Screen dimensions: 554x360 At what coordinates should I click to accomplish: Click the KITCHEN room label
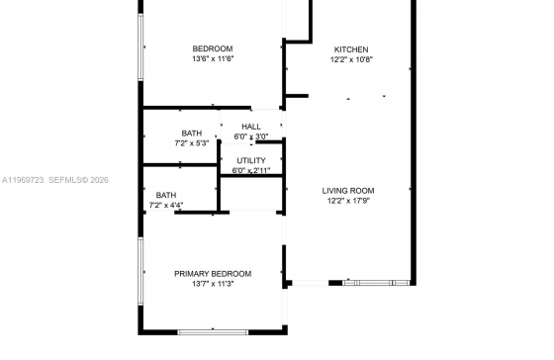(x=351, y=49)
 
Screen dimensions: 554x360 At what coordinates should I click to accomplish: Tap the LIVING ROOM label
(x=348, y=191)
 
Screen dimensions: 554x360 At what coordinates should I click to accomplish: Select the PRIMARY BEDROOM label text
(x=213, y=274)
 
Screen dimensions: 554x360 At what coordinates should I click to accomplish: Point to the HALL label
(x=251, y=127)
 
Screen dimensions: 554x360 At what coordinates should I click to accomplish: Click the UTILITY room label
(x=251, y=160)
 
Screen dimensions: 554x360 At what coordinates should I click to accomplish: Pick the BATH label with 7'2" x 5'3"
(x=192, y=134)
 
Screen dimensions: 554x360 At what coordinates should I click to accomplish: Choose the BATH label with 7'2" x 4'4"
(x=166, y=195)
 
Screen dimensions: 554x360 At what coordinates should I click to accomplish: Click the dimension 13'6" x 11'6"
(x=213, y=58)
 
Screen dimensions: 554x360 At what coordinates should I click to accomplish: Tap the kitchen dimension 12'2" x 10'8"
(x=351, y=59)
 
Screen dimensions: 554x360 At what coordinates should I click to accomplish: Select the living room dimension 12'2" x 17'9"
(x=348, y=201)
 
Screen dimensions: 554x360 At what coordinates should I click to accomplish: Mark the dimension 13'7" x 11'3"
(x=213, y=284)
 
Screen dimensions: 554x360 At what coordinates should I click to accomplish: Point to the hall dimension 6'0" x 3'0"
(x=251, y=136)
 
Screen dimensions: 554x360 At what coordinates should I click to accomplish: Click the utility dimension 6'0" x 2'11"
(x=251, y=170)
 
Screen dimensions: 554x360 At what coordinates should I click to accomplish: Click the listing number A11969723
(x=23, y=180)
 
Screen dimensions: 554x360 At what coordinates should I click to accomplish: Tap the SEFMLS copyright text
(x=78, y=180)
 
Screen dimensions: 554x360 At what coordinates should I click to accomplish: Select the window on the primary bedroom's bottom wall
(x=213, y=332)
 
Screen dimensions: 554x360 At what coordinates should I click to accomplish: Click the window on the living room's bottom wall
(x=376, y=283)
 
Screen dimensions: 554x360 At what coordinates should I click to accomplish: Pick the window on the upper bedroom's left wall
(x=140, y=47)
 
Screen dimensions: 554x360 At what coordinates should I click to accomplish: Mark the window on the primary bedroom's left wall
(x=140, y=271)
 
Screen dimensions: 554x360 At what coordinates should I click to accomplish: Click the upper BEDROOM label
(x=213, y=48)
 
